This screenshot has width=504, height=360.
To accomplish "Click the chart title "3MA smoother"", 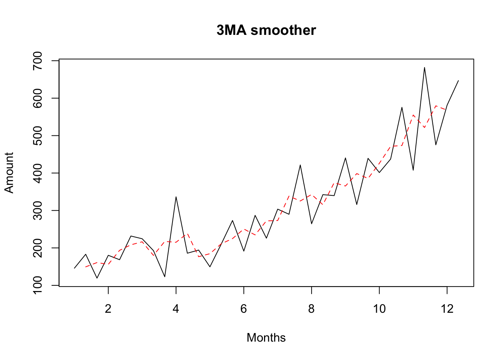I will click(x=266, y=30).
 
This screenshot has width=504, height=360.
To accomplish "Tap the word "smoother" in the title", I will click(x=283, y=30).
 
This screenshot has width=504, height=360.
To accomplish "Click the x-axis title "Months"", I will click(x=266, y=337).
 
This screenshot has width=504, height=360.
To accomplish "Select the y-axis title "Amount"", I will click(x=9, y=173).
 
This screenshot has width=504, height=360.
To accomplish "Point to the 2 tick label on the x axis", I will click(x=108, y=309).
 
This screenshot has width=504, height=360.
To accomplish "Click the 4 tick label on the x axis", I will click(x=176, y=309).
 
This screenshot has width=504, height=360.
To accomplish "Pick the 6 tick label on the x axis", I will click(x=244, y=309).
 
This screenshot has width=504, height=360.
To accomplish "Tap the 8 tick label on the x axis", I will click(x=312, y=309).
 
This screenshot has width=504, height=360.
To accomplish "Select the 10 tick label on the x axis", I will click(x=379, y=309).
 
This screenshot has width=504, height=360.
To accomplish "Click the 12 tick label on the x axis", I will click(x=447, y=309).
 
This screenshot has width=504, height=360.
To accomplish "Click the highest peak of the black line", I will click(x=424, y=67).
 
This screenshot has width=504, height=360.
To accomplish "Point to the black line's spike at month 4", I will click(x=176, y=197).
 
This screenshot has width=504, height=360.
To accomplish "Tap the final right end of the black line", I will click(x=458, y=81).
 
